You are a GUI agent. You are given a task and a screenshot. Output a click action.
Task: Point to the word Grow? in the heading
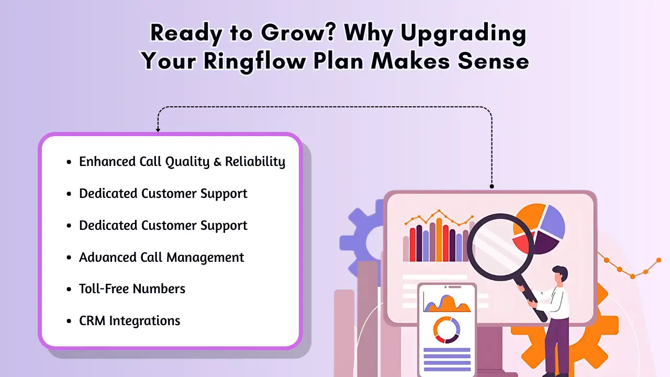[x=288, y=34]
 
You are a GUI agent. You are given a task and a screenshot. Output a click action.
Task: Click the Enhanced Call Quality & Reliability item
[x=182, y=162]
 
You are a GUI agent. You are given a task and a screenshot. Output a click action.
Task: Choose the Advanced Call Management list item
[x=161, y=257]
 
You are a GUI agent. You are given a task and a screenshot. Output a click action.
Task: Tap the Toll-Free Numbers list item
[x=132, y=289]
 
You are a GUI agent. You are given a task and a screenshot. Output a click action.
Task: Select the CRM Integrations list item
[x=129, y=320]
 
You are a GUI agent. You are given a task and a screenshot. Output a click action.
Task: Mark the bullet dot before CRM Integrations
[x=69, y=321]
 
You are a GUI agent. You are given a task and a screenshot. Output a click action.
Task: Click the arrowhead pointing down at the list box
[x=158, y=129]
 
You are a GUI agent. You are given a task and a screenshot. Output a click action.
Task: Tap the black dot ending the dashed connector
[x=492, y=186]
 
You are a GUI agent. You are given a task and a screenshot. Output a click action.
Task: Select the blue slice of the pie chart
[x=552, y=223]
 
